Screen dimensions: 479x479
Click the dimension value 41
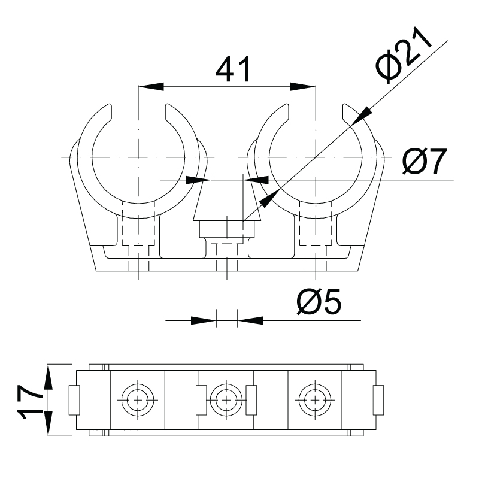[233, 69]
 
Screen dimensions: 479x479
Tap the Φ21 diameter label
[404, 55]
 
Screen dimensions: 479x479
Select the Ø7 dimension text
[425, 160]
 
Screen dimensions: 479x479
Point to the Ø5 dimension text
[319, 302]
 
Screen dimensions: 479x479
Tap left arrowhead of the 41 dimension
[151, 86]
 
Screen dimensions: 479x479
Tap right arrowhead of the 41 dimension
[303, 86]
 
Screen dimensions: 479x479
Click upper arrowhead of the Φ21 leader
[362, 116]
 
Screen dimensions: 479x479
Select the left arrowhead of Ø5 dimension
[204, 321]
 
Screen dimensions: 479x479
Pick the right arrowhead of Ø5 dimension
[250, 321]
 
